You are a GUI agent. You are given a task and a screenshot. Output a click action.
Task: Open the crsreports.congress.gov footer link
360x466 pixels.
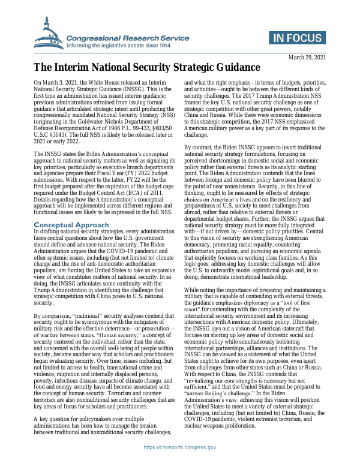[x=179, y=447]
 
